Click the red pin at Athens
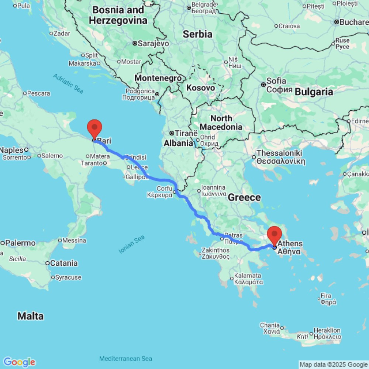coord(274,235)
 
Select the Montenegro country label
coord(158,78)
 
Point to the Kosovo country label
coord(200,88)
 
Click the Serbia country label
coord(198,34)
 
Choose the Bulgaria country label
coord(314,92)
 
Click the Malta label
coord(31,316)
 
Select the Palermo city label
coord(20,243)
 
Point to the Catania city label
coord(64,263)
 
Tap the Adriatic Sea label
coord(68,83)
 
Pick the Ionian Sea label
coord(131,245)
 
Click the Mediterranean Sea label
coord(125,359)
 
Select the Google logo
coord(19,362)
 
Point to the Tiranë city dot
coord(172,133)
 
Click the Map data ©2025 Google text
coord(334,365)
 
